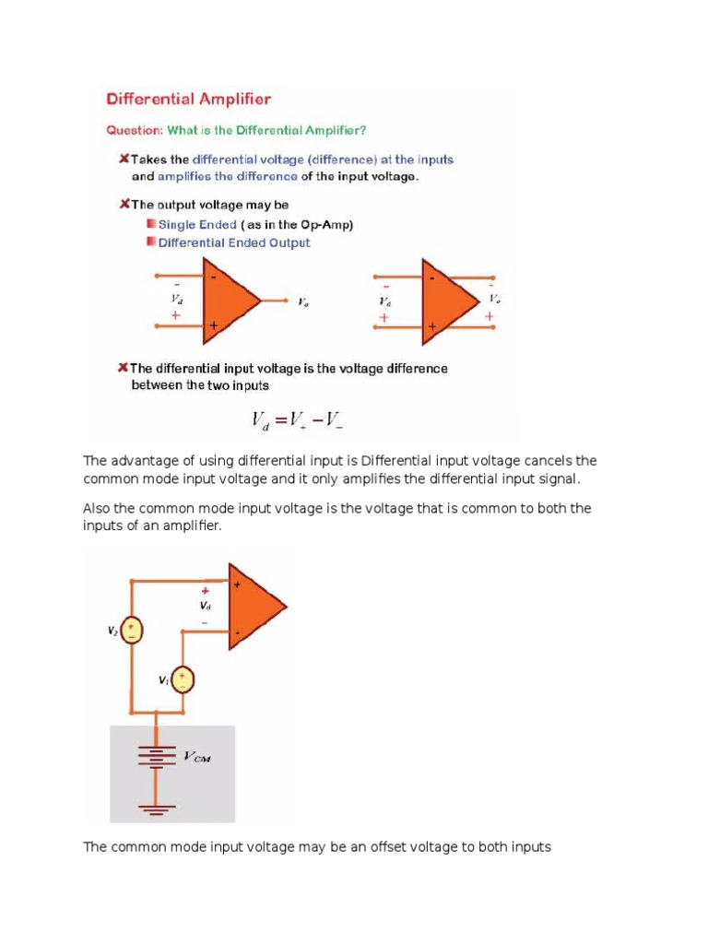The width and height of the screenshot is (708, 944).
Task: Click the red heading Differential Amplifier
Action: [189, 98]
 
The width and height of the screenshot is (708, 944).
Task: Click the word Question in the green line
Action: [135, 130]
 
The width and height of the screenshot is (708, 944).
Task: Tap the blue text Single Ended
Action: [198, 224]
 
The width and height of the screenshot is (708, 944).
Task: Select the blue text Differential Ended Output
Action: [234, 243]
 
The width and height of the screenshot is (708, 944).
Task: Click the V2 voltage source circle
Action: [133, 631]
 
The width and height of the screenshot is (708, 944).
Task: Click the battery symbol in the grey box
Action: [156, 757]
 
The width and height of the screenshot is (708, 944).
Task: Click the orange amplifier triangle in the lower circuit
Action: [254, 608]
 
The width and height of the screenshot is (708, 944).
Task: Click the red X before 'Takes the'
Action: [123, 159]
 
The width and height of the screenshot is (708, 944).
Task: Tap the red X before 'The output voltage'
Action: [123, 204]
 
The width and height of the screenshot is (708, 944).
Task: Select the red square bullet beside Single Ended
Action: [150, 224]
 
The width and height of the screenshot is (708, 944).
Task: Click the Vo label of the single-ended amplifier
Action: [304, 301]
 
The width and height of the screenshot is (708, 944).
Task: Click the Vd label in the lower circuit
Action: [205, 607]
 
